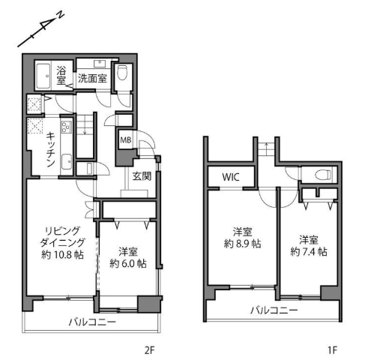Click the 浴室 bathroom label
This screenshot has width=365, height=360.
click(61, 75)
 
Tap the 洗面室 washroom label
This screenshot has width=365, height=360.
click(92, 78)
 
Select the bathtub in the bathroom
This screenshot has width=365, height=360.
click(43, 76)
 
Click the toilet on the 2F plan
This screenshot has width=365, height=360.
click(122, 73)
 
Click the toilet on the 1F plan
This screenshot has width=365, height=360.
click(323, 174)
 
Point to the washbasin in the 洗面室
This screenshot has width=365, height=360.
click(100, 64)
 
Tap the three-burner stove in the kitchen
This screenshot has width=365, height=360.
click(66, 127)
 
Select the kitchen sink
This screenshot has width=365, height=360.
click(67, 162)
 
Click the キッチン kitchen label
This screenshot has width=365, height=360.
click(51, 149)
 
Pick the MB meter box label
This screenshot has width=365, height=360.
click(126, 140)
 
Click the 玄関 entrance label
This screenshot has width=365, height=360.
click(142, 176)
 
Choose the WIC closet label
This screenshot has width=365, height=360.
click(231, 177)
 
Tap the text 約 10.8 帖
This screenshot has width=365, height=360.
click(62, 255)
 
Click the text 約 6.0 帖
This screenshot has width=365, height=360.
click(128, 263)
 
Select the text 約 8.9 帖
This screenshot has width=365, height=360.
click(242, 244)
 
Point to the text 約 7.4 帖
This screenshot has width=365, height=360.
click(309, 251)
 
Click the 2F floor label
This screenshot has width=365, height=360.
click(150, 350)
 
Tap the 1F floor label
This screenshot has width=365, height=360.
click(333, 350)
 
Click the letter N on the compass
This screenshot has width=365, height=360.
click(61, 16)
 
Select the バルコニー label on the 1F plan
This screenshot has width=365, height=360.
click(274, 310)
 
